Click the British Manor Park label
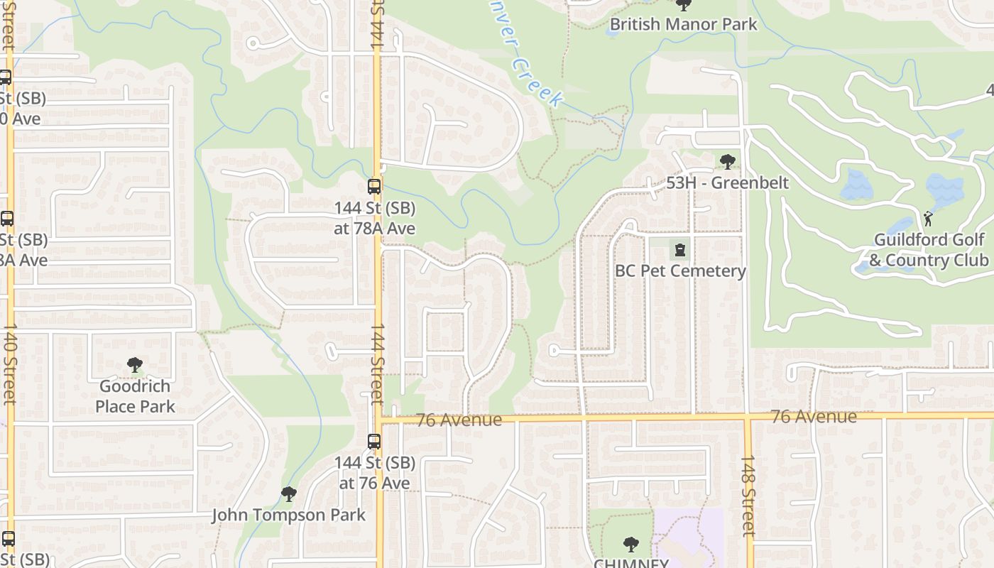click(x=684, y=25)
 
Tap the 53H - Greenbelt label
click(x=727, y=182)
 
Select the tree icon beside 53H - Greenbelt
click(x=727, y=162)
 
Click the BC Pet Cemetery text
click(x=680, y=271)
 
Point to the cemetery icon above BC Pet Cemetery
click(x=680, y=250)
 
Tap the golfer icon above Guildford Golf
click(x=928, y=219)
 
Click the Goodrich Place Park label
click(x=135, y=396)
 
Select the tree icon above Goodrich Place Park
click(x=135, y=366)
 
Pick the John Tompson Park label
click(x=288, y=515)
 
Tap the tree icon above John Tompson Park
click(x=288, y=493)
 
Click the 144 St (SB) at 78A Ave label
click(x=374, y=219)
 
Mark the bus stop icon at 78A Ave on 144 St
click(x=374, y=187)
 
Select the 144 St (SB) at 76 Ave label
click(x=374, y=473)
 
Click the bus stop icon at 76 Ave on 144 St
click(x=374, y=441)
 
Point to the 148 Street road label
click(x=748, y=495)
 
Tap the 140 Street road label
click(x=10, y=364)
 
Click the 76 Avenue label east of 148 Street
click(x=814, y=417)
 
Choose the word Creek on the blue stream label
click(x=537, y=82)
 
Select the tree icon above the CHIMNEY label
click(x=630, y=545)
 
